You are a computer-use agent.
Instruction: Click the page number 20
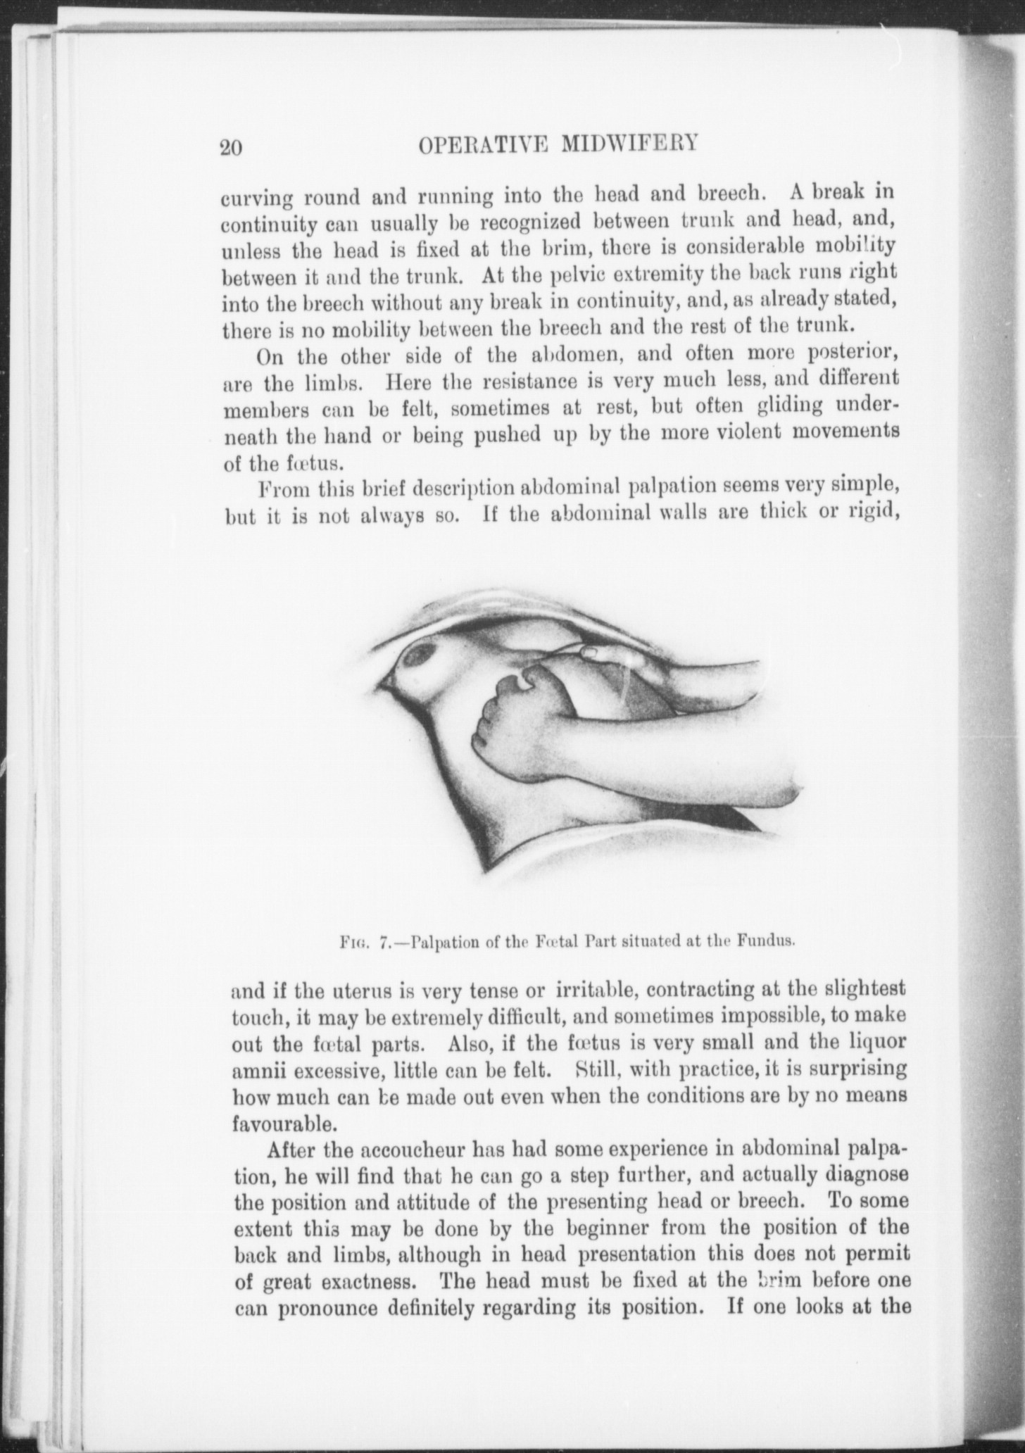tap(231, 148)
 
